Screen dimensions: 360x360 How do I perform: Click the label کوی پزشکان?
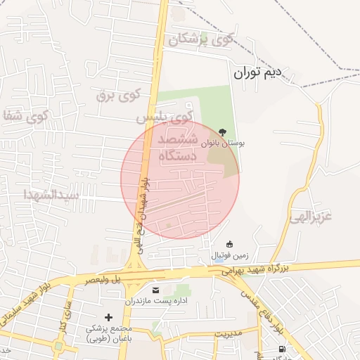200,39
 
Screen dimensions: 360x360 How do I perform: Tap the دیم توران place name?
257,71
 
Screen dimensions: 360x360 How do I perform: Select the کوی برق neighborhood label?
119,94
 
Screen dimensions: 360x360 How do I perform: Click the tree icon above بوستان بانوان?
223,131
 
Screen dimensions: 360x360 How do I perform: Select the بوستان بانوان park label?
223,143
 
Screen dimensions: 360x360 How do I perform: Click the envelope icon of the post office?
155,290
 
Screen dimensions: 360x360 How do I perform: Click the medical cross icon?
108,317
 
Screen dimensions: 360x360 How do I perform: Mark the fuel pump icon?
282,349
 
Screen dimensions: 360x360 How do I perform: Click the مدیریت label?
228,333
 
